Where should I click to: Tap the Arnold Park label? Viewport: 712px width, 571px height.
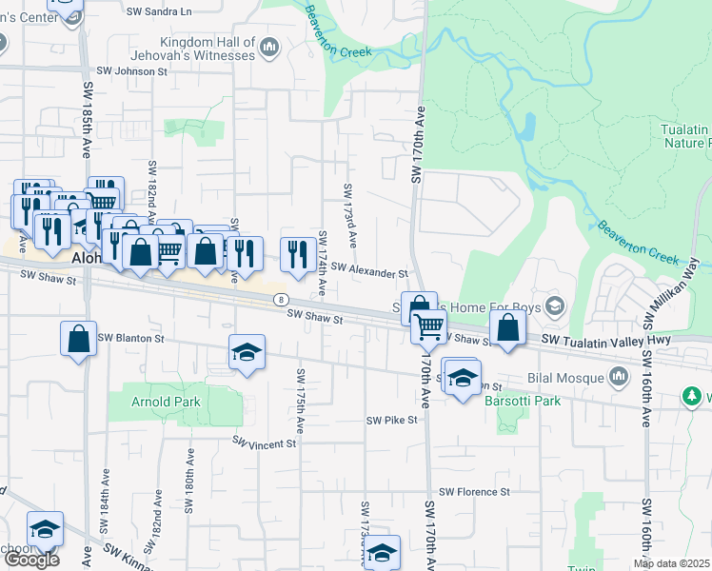[x=167, y=403]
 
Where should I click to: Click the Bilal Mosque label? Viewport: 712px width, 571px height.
[x=565, y=379]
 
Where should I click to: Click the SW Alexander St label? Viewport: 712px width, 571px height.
[x=369, y=273]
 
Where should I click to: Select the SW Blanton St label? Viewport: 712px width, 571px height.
[x=130, y=338]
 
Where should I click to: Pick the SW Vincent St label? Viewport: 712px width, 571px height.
[x=265, y=443]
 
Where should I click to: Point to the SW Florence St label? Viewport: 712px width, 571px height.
[x=474, y=492]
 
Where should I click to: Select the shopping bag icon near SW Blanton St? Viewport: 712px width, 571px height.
[x=78, y=339]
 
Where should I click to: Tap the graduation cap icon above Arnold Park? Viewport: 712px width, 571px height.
[x=247, y=353]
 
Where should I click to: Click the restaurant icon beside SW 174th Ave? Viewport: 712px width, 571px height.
[x=298, y=254]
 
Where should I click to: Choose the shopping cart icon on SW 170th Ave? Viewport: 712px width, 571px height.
[x=428, y=327]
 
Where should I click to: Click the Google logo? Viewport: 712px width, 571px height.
[x=30, y=560]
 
